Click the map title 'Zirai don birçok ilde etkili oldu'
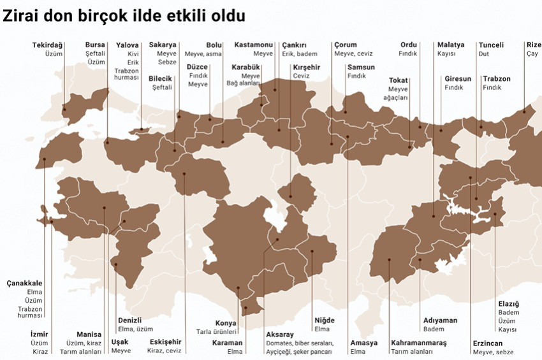point(124,15)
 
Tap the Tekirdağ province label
point(48,45)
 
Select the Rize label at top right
point(534,45)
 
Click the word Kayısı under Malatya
point(446,54)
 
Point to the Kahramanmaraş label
point(418,343)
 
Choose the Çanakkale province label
point(24,283)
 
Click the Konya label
point(225,323)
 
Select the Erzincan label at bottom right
point(488,343)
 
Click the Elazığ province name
point(508,304)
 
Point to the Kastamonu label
point(253,45)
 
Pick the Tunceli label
point(491,45)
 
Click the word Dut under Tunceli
point(483,54)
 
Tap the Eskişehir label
point(165,342)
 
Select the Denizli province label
point(130,320)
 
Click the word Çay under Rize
point(532,54)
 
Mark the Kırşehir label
point(307,67)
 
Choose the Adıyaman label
point(440,320)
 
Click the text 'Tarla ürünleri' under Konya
point(217,332)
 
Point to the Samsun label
point(361,67)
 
